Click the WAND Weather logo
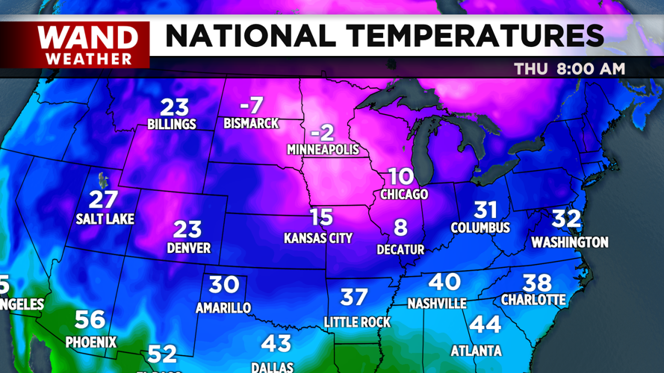click(x=87, y=45)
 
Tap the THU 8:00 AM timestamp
click(x=569, y=69)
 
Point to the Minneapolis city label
click(x=323, y=150)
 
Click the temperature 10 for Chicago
click(x=400, y=177)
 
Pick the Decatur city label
click(x=400, y=250)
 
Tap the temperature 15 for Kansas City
click(x=321, y=218)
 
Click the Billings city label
click(x=172, y=124)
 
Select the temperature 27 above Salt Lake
click(x=103, y=200)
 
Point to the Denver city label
click(x=189, y=248)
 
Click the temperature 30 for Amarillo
click(x=223, y=285)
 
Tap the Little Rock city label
click(x=357, y=322)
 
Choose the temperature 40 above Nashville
click(x=444, y=283)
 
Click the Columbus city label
click(x=480, y=228)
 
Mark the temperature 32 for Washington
click(x=566, y=219)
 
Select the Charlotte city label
click(x=533, y=300)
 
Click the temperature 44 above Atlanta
click(x=485, y=325)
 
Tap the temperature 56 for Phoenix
click(x=90, y=320)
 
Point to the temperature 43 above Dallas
click(x=275, y=344)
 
